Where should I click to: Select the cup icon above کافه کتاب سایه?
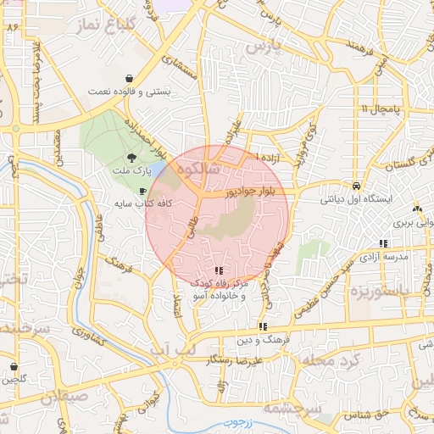point(142,192)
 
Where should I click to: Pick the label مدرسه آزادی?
point(385,255)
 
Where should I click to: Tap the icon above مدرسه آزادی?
point(384,243)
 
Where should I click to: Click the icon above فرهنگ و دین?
point(264,325)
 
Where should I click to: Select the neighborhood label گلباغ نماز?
point(109,25)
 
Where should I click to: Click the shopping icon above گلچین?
point(14,367)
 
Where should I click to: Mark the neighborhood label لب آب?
point(171,348)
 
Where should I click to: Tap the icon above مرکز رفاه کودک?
point(220,271)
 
